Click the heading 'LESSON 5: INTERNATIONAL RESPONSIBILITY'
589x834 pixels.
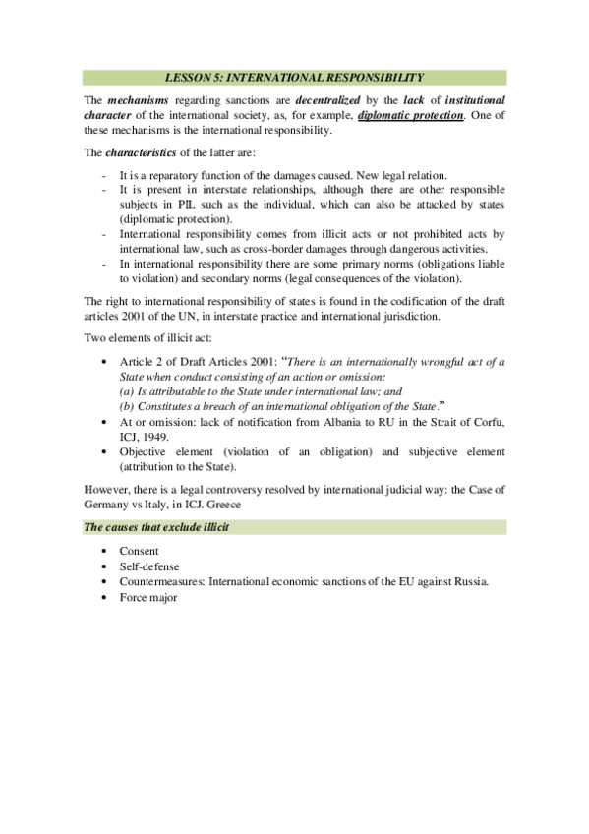(294, 76)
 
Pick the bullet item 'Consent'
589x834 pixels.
(140, 552)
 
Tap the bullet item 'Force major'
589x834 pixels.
(148, 597)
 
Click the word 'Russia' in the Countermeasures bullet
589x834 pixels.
(470, 581)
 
